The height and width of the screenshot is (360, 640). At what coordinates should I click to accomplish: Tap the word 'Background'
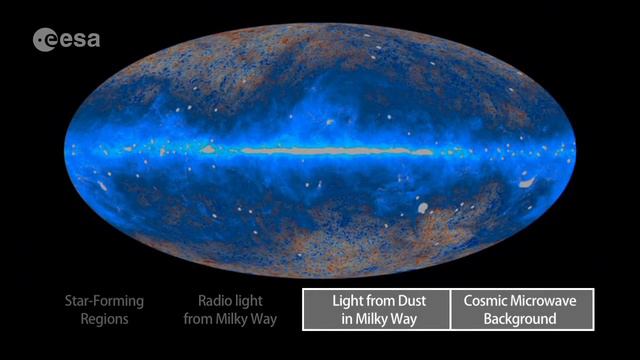coord(521,319)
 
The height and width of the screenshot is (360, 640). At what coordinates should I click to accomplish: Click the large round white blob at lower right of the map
coord(423,208)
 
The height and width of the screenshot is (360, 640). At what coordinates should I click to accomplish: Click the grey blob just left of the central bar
coord(208,149)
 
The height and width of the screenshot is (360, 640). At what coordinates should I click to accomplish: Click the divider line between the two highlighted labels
coord(450,310)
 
